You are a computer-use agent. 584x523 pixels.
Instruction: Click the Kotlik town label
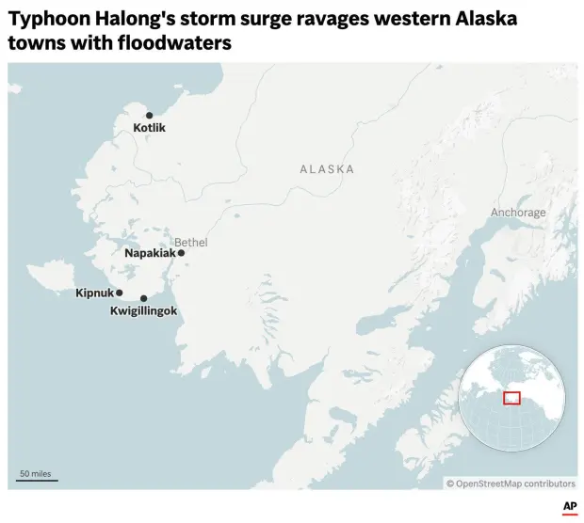(149, 128)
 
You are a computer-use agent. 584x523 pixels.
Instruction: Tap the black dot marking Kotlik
(149, 115)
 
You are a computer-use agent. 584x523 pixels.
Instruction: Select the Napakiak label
(150, 253)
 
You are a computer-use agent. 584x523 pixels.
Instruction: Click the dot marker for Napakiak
(181, 253)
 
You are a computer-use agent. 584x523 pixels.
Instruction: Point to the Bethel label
(190, 243)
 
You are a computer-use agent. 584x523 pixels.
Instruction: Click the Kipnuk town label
(94, 293)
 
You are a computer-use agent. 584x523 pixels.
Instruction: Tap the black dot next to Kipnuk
(119, 293)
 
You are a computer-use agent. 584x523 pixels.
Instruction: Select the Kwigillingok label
(143, 310)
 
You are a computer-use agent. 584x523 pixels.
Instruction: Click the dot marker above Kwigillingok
(143, 298)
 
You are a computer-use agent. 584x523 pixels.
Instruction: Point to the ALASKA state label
(327, 169)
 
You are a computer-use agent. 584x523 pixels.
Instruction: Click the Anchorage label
(517, 213)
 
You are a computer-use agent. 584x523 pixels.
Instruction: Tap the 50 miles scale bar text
(35, 473)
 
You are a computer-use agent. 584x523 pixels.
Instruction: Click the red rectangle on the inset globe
(511, 398)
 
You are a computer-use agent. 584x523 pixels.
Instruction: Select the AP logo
(569, 507)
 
